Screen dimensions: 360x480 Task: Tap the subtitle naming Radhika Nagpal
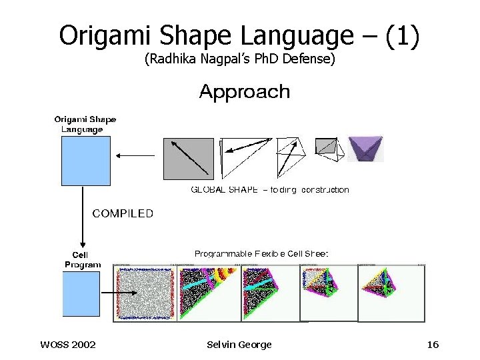tap(239, 60)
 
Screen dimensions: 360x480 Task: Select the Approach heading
tap(245, 91)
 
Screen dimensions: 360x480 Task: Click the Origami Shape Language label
tap(85, 125)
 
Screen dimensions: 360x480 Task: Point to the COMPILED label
tap(123, 214)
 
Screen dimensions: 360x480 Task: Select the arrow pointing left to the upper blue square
tap(135, 156)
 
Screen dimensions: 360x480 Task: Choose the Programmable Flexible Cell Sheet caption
tap(261, 254)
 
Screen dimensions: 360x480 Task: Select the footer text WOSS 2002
tap(68, 345)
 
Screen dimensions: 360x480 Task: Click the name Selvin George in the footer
tap(239, 345)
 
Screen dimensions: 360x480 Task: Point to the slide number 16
tap(433, 345)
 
